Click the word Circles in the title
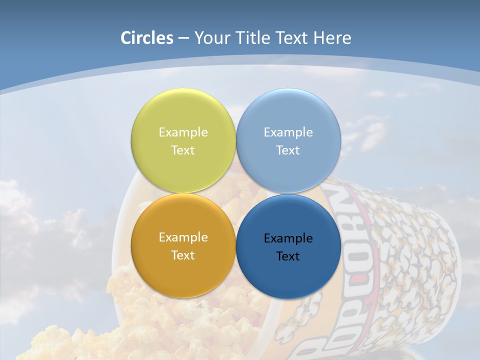pyautogui.click(x=146, y=38)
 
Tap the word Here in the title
pyautogui.click(x=332, y=38)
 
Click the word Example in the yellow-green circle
pyautogui.click(x=183, y=132)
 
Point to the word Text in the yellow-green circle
pyautogui.click(x=183, y=150)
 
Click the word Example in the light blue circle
pyautogui.click(x=288, y=132)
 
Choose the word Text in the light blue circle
pyautogui.click(x=288, y=150)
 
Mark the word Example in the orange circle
pyautogui.click(x=183, y=237)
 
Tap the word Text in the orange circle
pyautogui.click(x=183, y=255)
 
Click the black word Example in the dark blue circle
pyautogui.click(x=288, y=238)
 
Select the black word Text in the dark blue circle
pyautogui.click(x=288, y=256)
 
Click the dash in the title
pyautogui.click(x=183, y=38)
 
